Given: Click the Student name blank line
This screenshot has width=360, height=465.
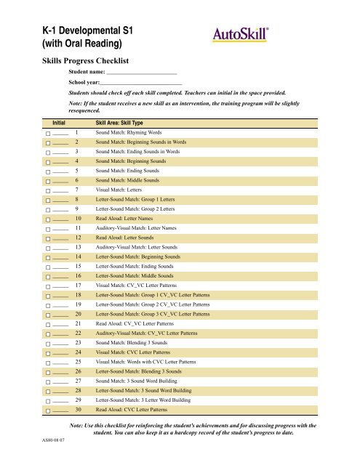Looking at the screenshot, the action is pyautogui.click(x=142, y=74).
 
